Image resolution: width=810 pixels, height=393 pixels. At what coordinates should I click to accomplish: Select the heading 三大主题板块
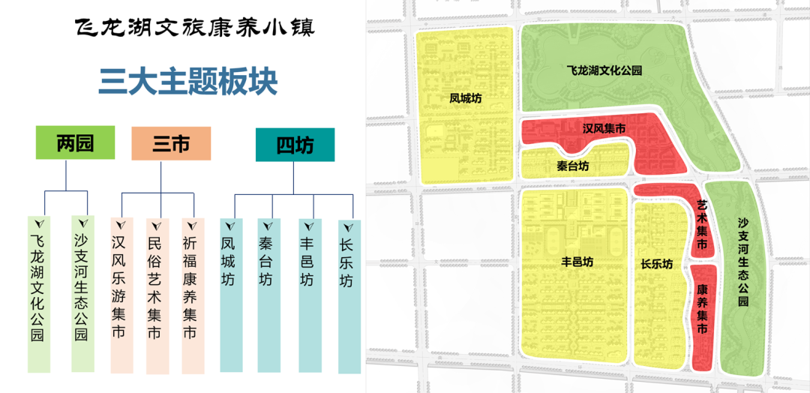click(188, 82)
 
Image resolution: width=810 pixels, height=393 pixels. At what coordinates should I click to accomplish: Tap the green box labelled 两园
click(76, 142)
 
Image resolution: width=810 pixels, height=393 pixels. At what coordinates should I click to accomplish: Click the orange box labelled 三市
click(171, 143)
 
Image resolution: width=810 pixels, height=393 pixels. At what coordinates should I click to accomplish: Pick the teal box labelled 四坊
click(295, 145)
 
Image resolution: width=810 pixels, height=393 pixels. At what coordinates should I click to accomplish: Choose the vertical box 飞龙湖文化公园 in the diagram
click(39, 293)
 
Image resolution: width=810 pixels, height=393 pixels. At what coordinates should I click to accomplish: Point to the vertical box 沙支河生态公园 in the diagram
click(82, 293)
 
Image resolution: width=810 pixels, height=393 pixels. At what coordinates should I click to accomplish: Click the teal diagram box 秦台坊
click(268, 293)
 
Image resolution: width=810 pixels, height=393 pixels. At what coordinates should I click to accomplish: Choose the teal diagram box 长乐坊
click(349, 293)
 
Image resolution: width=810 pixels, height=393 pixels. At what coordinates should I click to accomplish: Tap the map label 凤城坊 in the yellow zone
click(465, 97)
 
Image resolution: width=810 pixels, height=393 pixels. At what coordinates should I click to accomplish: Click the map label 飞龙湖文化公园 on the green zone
click(604, 70)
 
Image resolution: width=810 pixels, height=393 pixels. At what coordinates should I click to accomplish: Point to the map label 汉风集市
click(604, 129)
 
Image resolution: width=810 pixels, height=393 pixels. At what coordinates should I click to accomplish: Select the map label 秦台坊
click(573, 166)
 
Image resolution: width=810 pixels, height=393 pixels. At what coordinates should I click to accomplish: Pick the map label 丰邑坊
click(577, 262)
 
